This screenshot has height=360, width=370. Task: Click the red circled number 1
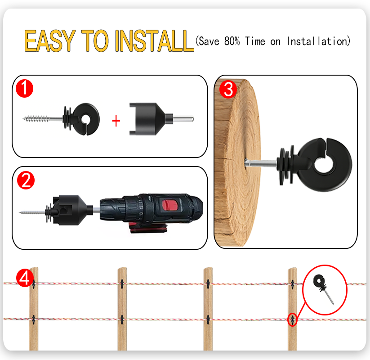tap(25, 88)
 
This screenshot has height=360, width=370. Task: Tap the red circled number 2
tap(26, 180)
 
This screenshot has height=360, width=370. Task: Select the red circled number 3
tap(228, 89)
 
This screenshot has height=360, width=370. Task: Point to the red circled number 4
tap(25, 278)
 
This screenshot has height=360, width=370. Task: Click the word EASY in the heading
tap(50, 40)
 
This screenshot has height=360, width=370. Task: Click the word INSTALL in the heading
tap(155, 40)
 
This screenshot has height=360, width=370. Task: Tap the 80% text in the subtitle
tap(232, 41)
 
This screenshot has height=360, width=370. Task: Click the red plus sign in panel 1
tap(116, 121)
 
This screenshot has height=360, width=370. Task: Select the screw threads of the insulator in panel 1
tap(37, 119)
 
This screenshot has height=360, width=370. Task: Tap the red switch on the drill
tap(169, 205)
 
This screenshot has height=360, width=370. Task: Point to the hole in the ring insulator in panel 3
tap(324, 165)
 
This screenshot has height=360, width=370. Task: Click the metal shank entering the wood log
tap(261, 163)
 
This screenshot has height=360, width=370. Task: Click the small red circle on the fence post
tap(293, 319)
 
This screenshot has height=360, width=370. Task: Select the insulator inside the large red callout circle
tap(323, 288)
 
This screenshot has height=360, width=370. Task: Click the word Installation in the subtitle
tap(319, 41)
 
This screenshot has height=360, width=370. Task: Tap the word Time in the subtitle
tap(255, 41)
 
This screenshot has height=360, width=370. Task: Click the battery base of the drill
tap(148, 228)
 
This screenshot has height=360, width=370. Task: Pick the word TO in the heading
tap(95, 40)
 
